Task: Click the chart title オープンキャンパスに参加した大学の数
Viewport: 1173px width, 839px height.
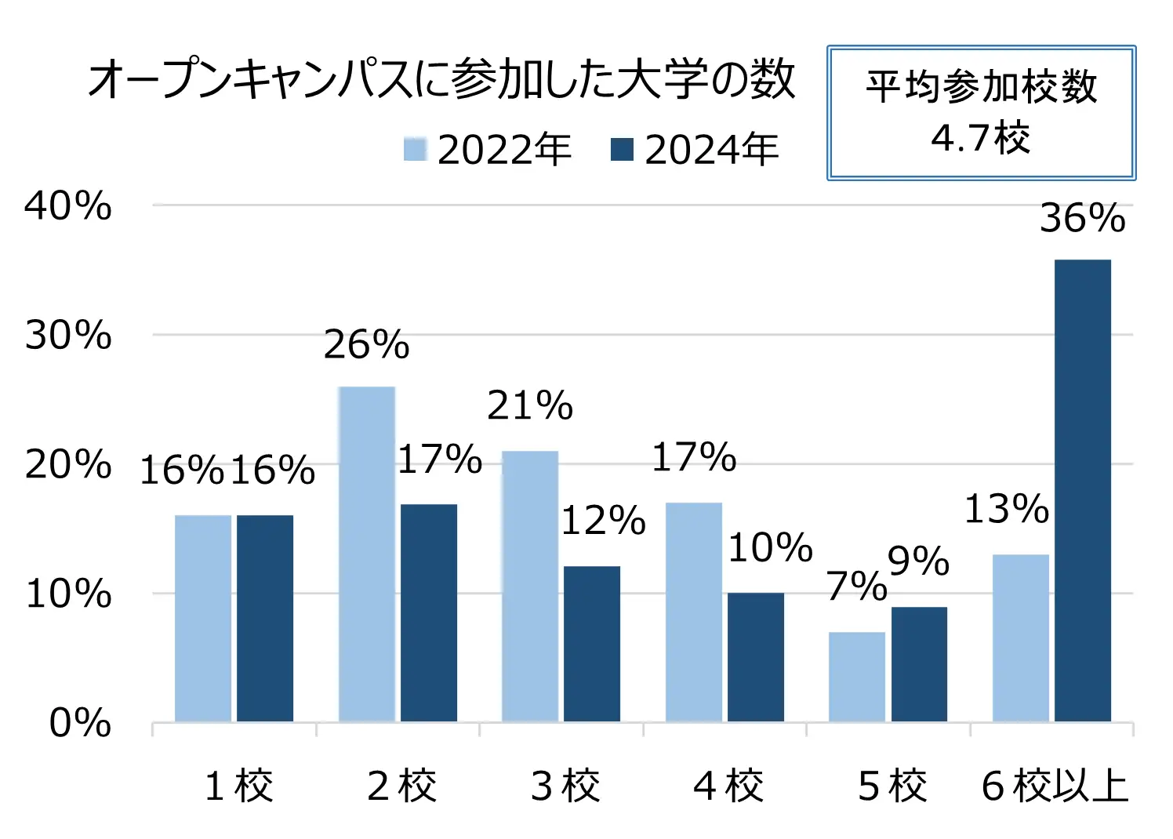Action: coord(441,81)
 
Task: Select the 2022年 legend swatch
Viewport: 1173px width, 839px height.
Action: coord(415,149)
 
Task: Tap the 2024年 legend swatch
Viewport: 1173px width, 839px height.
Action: coord(622,149)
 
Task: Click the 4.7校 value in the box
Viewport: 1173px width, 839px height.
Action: coord(980,139)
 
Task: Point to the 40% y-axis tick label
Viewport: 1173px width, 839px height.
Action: coord(68,206)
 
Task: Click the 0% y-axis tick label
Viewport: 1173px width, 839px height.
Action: coord(80,722)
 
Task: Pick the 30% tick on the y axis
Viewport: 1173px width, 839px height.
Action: coord(68,336)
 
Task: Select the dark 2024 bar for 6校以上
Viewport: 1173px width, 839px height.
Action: coord(1082,490)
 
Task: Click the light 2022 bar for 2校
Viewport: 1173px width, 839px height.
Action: coord(366,554)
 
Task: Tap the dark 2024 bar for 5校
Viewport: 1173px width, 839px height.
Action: coord(919,663)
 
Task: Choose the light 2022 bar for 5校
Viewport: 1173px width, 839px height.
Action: coord(856,676)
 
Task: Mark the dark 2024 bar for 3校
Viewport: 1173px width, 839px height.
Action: coord(591,643)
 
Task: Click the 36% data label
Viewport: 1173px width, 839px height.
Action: coord(1082,218)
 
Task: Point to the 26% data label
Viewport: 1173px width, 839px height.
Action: coord(366,344)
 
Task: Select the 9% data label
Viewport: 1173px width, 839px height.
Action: coord(918,561)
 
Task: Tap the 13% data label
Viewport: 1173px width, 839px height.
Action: coord(1006,509)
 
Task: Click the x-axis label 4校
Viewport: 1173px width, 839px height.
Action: coord(728,786)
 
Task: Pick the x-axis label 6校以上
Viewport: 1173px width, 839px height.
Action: coord(1055,786)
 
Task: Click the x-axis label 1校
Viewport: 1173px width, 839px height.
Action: coord(238,786)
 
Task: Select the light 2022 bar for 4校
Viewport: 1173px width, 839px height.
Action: coord(693,612)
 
